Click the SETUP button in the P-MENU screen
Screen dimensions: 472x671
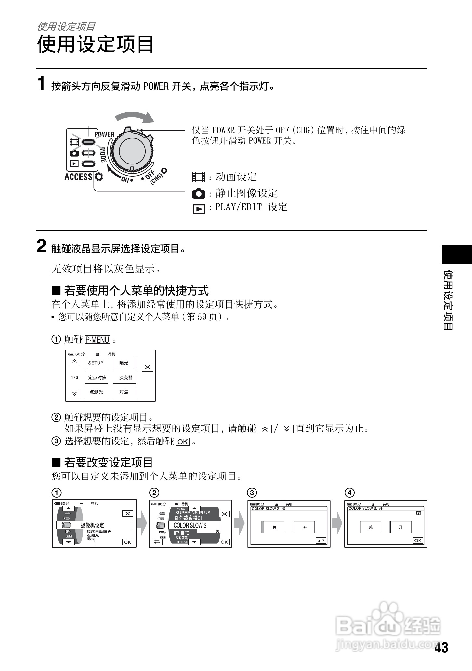(x=96, y=363)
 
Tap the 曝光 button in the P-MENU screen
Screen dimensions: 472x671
(x=124, y=363)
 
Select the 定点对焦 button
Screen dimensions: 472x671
(x=97, y=377)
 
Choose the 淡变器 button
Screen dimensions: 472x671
(x=125, y=377)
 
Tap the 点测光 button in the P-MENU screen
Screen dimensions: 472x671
(x=96, y=392)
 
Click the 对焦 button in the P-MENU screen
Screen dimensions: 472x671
(x=124, y=392)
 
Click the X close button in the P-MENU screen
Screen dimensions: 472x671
(x=148, y=367)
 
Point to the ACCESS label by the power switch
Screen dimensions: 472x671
(x=78, y=177)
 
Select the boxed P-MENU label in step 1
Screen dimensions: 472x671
(x=97, y=340)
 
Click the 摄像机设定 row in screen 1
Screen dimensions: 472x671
(x=94, y=525)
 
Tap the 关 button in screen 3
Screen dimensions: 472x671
(x=274, y=527)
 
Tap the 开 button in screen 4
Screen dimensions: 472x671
(x=401, y=527)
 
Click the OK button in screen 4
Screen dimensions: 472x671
(x=418, y=540)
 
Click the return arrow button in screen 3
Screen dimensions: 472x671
(x=321, y=540)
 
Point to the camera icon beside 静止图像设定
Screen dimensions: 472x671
(x=199, y=194)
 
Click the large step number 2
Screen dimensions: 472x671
(x=42, y=246)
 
